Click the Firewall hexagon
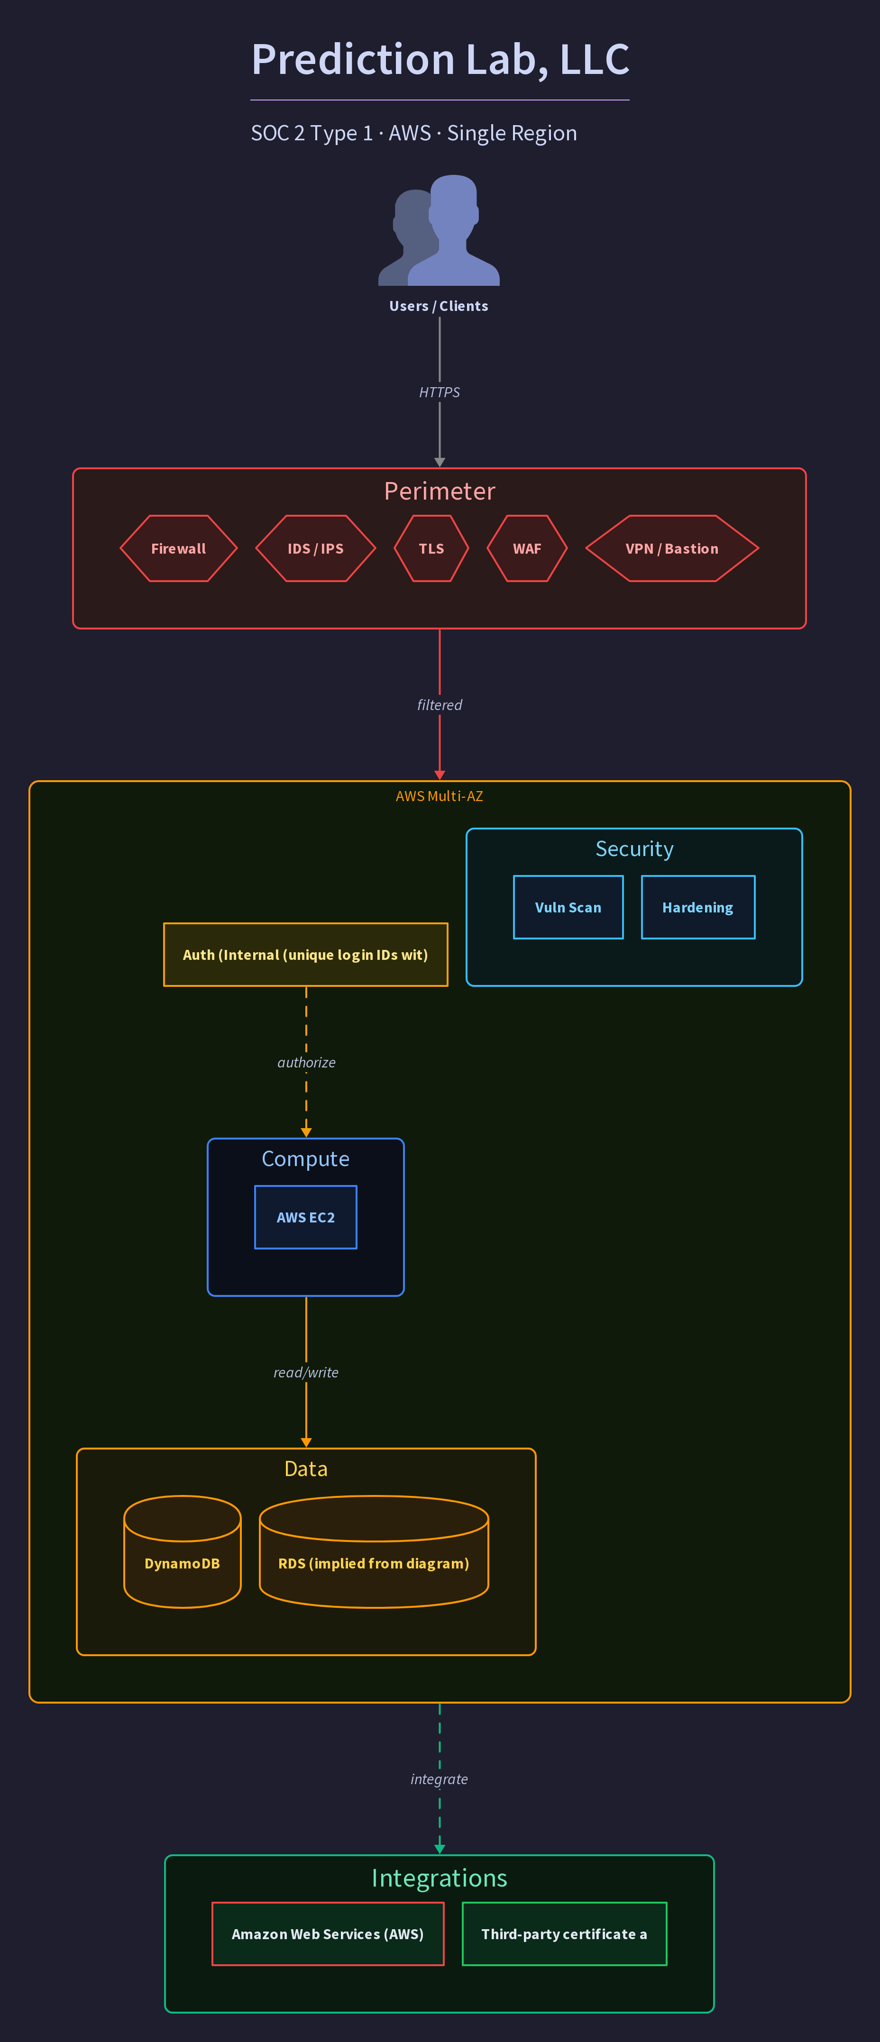pos(178,548)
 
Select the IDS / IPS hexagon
pos(315,548)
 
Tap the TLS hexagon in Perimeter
pos(431,548)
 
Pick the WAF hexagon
pos(527,548)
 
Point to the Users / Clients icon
pos(439,230)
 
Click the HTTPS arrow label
pos(439,392)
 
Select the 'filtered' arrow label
pos(439,705)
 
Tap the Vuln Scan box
pos(568,907)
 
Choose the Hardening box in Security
pos(697,907)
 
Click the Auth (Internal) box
pos(305,955)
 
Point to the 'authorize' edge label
pos(306,1062)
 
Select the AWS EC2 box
pos(305,1217)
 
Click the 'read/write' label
pos(306,1372)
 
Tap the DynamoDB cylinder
pos(183,1551)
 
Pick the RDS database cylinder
pos(374,1551)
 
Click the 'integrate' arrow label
pos(439,1779)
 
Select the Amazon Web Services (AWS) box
pos(328,1933)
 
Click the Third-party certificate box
pos(565,1933)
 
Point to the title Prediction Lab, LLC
pos(440,59)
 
